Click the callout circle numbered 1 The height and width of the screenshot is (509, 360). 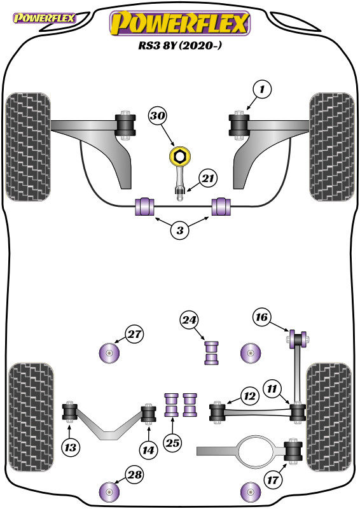pos(262,89)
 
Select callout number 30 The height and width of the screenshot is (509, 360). pos(158,115)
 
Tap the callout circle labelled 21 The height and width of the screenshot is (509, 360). pos(208,178)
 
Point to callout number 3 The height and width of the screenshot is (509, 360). pos(180,230)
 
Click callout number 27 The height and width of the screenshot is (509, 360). pos(134,333)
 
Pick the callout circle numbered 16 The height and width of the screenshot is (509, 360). pos(261,316)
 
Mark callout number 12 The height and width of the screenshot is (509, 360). pos(249,396)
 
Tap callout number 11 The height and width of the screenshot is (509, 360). pos(272,389)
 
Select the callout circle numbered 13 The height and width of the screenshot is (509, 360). pos(71,448)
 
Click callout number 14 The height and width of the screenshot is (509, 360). pos(148,450)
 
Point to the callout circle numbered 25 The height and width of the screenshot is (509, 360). pos(173,443)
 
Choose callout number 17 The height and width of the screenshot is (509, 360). pos(273,480)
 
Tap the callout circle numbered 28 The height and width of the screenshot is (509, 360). pos(134,475)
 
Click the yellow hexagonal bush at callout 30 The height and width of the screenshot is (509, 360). pos(179,157)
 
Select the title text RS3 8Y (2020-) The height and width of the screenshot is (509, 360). pos(180,45)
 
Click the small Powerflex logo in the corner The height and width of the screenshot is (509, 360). pos(44,18)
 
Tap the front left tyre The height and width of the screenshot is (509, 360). pos(28,147)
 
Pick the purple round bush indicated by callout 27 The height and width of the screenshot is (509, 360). pos(109,353)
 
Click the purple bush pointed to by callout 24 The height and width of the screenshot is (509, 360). pos(211,353)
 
